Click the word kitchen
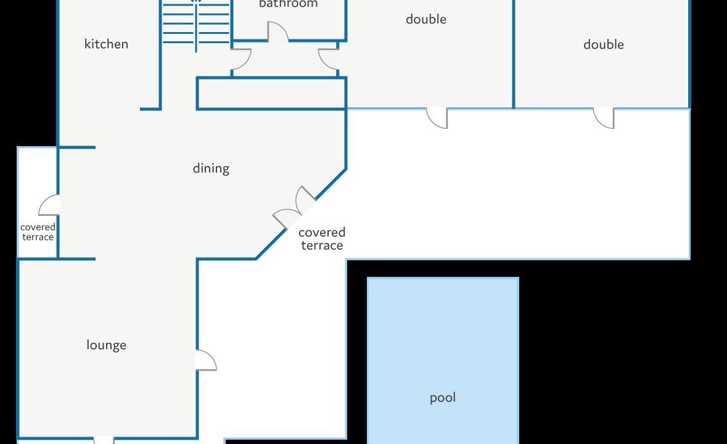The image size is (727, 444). point(106,44)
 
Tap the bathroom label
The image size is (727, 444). point(289,4)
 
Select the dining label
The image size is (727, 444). point(211,168)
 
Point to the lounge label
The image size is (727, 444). point(106,345)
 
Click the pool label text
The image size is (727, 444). point(443,398)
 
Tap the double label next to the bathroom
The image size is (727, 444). point(426,19)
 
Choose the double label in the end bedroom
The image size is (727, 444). point(604,44)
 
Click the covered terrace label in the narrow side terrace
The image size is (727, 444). point(38,232)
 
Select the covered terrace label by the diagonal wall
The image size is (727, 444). point(322,239)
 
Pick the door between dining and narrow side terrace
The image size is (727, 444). point(49,205)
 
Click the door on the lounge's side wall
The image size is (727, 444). point(207,360)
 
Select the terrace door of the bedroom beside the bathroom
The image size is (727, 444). point(437,118)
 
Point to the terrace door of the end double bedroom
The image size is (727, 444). point(604,118)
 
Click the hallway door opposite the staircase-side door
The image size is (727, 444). point(329,59)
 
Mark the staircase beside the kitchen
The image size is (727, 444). point(196,23)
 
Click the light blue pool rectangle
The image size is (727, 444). point(443,361)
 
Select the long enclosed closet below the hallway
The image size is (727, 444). point(272,94)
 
